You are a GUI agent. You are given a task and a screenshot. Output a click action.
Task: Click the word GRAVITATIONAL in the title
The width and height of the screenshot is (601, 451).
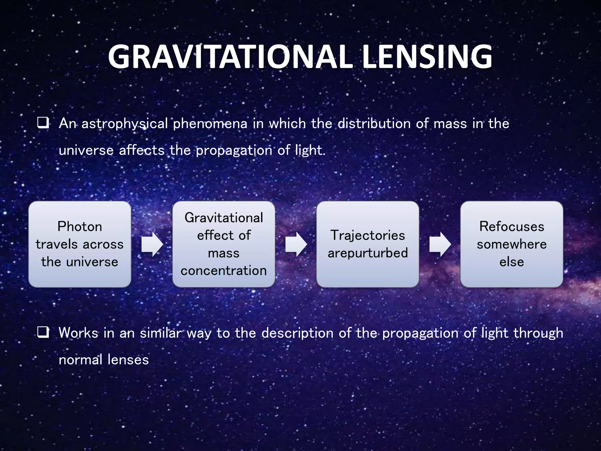[230, 57]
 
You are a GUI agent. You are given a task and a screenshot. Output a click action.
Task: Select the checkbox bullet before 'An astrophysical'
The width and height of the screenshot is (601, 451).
[43, 123]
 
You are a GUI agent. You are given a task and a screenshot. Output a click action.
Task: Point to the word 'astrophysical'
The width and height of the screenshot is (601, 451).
[124, 124]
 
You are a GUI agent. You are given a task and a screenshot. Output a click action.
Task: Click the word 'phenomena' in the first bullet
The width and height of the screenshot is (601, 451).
[210, 124]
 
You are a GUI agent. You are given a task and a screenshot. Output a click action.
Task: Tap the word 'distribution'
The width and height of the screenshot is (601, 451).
[374, 124]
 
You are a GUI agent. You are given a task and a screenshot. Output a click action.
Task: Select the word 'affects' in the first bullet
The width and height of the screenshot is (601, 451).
[141, 150]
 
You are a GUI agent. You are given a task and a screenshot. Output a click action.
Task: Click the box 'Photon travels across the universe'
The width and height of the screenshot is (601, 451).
[80, 244]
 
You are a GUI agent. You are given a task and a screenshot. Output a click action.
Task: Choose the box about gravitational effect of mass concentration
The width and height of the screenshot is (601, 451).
[224, 244]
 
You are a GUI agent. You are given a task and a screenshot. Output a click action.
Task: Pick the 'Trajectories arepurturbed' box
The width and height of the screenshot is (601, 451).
[368, 244]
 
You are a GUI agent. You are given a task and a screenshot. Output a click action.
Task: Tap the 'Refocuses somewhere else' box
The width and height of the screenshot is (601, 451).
[511, 244]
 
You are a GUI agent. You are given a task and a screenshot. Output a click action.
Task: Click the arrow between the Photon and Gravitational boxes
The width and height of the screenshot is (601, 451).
[152, 244]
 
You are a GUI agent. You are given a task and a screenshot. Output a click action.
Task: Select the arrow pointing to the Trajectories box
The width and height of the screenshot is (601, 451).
[296, 244]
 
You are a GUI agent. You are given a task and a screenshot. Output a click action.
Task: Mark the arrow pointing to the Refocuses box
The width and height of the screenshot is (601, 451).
[440, 244]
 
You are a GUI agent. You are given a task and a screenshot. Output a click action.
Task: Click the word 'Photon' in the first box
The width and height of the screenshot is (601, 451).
[80, 226]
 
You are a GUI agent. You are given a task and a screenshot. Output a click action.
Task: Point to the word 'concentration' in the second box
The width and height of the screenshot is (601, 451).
[224, 270]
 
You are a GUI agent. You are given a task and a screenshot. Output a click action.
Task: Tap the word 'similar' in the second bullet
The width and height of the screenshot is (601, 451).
[161, 333]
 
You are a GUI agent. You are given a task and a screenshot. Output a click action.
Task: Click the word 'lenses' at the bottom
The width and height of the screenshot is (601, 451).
[128, 360]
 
